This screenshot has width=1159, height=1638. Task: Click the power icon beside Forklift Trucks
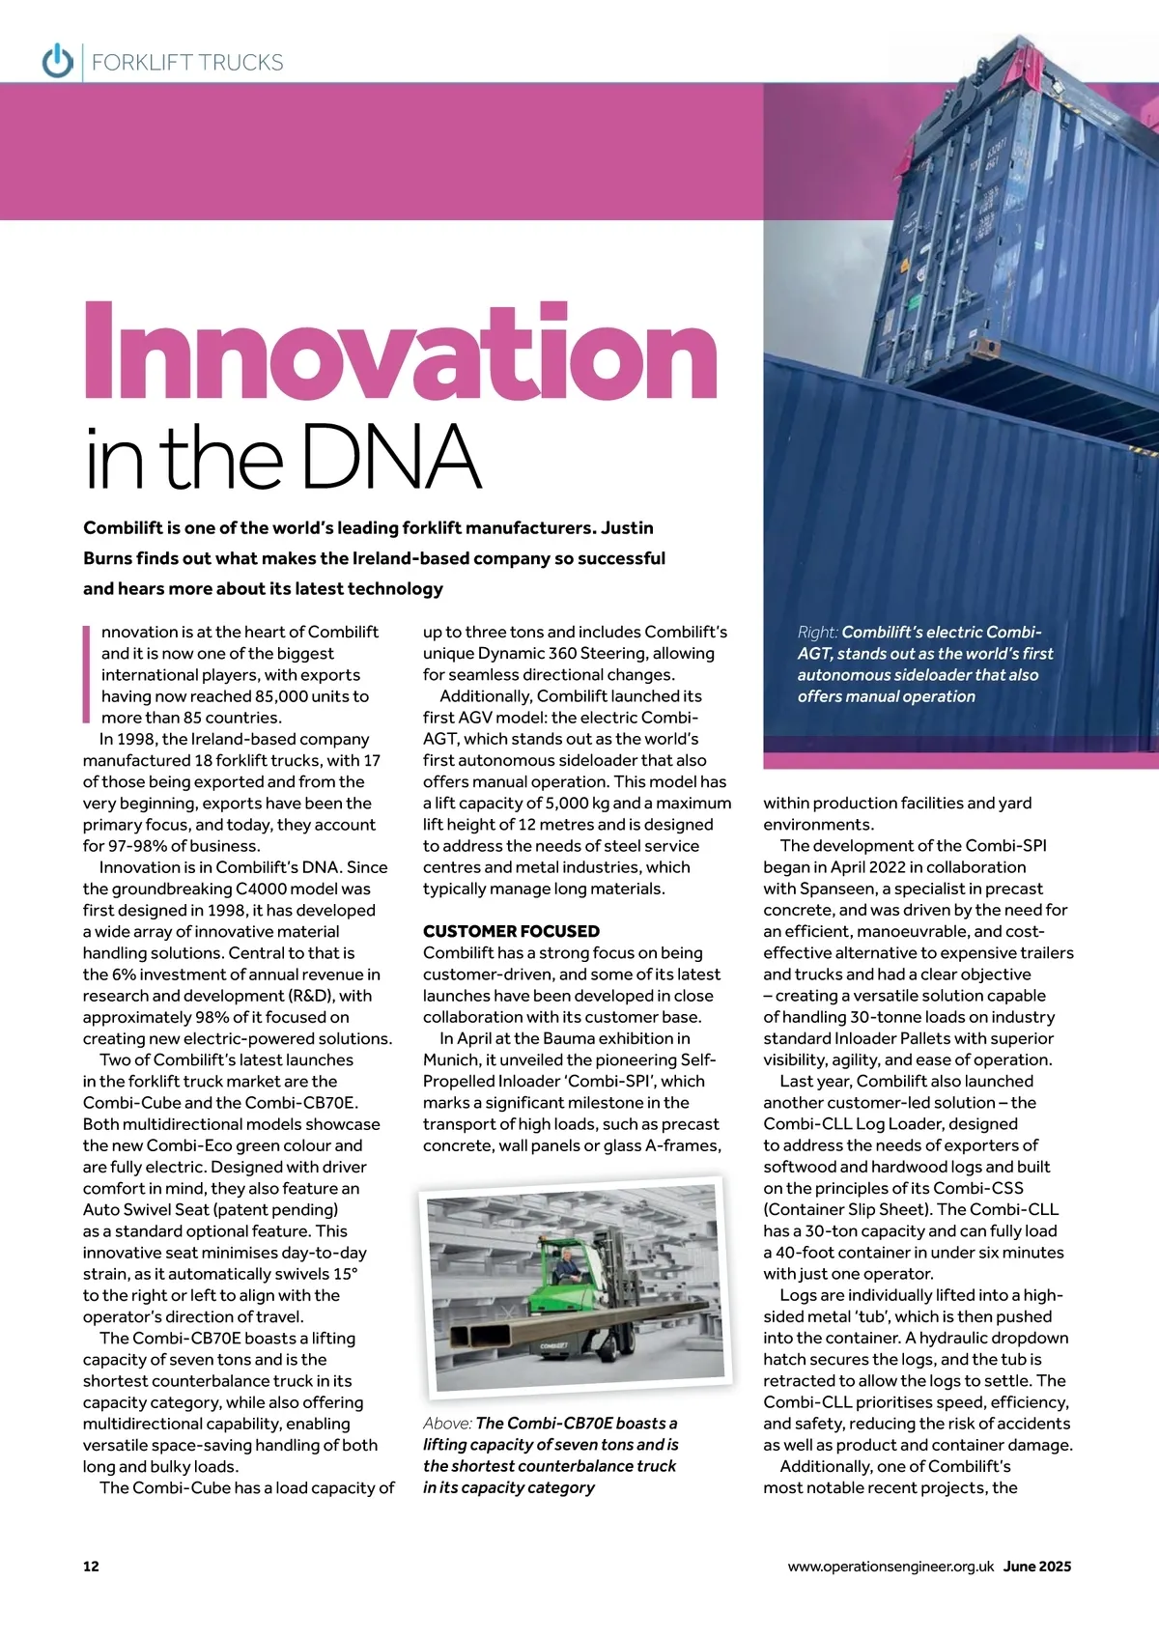click(58, 61)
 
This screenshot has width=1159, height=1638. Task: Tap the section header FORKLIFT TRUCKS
click(187, 63)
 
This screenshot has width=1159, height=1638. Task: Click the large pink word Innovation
click(400, 353)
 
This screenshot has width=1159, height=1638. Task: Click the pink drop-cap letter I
click(86, 674)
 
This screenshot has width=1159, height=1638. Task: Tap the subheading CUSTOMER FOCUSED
click(511, 931)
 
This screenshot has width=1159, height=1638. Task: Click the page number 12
click(91, 1567)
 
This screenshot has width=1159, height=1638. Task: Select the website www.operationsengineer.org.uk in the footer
click(890, 1567)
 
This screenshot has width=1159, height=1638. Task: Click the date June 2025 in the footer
click(1037, 1567)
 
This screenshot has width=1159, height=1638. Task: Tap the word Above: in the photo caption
click(447, 1424)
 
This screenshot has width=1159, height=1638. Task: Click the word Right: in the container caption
click(818, 633)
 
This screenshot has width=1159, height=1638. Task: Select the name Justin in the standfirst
click(627, 528)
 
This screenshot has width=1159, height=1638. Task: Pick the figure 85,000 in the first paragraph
click(289, 696)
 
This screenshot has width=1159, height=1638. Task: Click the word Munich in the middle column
click(451, 1059)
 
